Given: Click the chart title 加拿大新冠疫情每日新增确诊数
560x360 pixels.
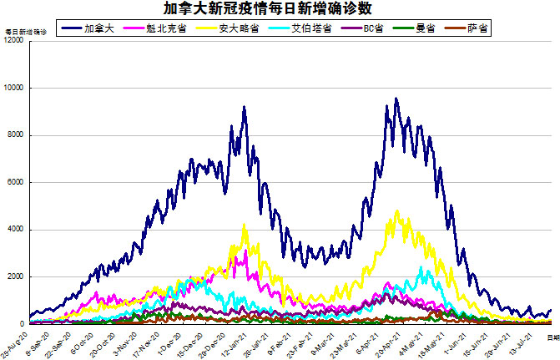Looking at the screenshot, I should tap(280, 9).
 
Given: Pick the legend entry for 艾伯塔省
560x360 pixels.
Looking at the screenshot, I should tap(310, 28).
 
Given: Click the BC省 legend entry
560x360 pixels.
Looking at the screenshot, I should tap(372, 28).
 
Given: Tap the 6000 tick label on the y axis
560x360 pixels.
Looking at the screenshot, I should tap(15, 182).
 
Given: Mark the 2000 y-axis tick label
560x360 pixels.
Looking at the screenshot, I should tap(15, 276).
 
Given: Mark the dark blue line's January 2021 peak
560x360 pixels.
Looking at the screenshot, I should tap(244, 107).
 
